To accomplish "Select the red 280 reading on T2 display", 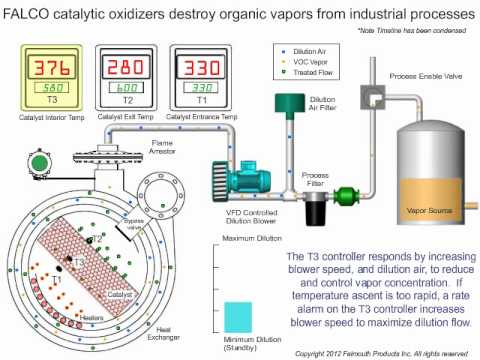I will (x=119, y=68).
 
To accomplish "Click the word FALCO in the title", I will (x=27, y=16).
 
